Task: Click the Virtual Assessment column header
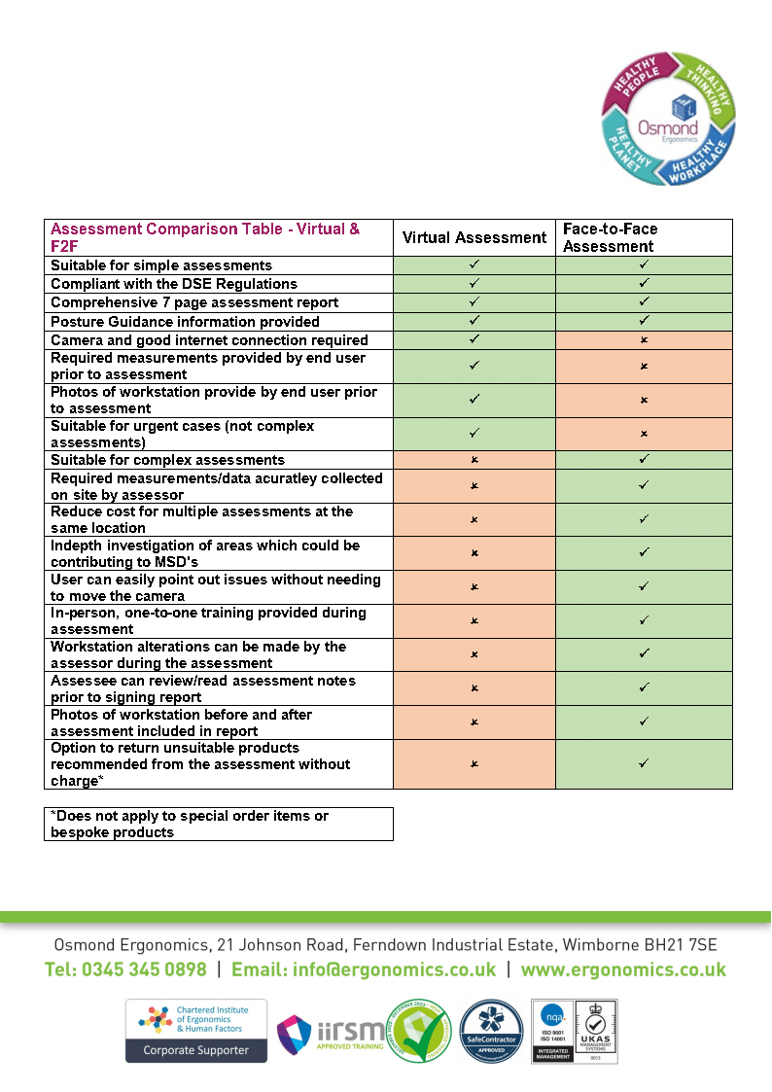pyautogui.click(x=474, y=238)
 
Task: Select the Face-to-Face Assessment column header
pyautogui.click(x=611, y=238)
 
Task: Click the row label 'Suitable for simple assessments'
pyautogui.click(x=161, y=265)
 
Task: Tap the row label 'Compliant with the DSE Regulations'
pyautogui.click(x=174, y=284)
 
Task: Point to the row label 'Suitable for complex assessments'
pyautogui.click(x=167, y=460)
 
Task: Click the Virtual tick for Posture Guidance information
pyautogui.click(x=474, y=321)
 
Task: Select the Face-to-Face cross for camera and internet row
pyautogui.click(x=644, y=340)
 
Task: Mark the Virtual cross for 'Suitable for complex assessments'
pyautogui.click(x=474, y=460)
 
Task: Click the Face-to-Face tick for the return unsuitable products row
pyautogui.click(x=644, y=764)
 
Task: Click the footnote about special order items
pyautogui.click(x=190, y=824)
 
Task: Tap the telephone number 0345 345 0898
pyautogui.click(x=125, y=969)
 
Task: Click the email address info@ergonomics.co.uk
pyautogui.click(x=364, y=969)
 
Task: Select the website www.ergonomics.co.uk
pyautogui.click(x=623, y=969)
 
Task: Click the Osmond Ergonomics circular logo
pyautogui.click(x=666, y=120)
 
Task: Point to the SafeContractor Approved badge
pyautogui.click(x=491, y=1032)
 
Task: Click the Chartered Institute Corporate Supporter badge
pyautogui.click(x=195, y=1031)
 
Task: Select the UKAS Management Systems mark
pyautogui.click(x=594, y=1032)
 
